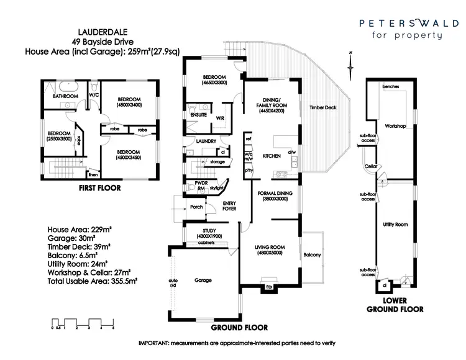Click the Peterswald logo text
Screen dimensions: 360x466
(x=401, y=23)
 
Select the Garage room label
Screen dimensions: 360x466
(x=203, y=280)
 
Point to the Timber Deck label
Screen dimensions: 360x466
(x=322, y=107)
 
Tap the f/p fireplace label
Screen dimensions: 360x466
(x=269, y=287)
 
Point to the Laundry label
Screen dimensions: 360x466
(x=206, y=142)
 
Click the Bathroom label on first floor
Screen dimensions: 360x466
(x=64, y=97)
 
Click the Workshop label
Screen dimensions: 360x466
(x=395, y=126)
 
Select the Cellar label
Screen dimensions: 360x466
(x=372, y=167)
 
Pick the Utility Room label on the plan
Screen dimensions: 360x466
(x=395, y=224)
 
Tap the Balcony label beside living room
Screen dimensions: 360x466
(x=312, y=255)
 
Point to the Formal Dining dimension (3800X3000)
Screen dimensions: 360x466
(x=275, y=200)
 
